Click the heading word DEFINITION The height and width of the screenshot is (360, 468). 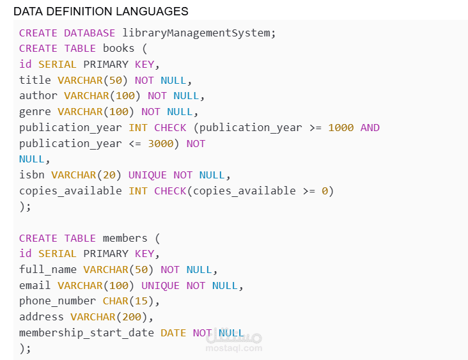[80, 12]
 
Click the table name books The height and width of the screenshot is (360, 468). [118, 49]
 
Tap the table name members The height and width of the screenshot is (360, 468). [125, 239]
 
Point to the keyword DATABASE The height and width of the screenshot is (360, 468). [90, 33]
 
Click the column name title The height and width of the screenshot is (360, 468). [35, 80]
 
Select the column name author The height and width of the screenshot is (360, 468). [38, 95]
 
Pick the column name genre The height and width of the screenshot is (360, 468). [35, 112]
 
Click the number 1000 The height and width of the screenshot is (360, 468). [341, 128]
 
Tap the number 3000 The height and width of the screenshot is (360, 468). [160, 144]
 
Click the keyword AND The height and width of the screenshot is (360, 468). [370, 128]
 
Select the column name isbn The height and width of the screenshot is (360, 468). [31, 175]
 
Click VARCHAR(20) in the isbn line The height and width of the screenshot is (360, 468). [86, 175]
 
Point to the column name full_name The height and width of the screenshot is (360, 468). [48, 270]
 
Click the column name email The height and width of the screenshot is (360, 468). [35, 285]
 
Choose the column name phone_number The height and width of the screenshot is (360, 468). [58, 301]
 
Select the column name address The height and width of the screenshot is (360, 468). [42, 317]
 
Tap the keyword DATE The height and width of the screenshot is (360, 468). [173, 333]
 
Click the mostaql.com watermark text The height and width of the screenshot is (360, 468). [234, 348]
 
